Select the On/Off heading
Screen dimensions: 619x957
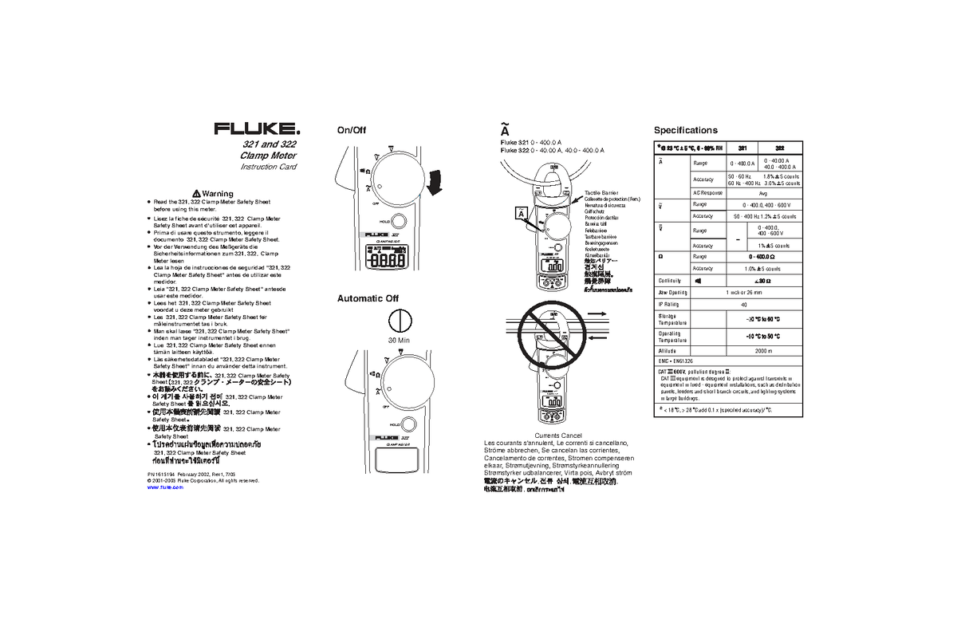pyautogui.click(x=351, y=131)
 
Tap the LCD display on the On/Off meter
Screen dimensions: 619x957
pyautogui.click(x=388, y=259)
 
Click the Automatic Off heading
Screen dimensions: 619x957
pyautogui.click(x=368, y=298)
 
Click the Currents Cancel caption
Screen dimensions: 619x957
pyautogui.click(x=558, y=436)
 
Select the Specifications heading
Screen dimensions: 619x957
pyautogui.click(x=685, y=130)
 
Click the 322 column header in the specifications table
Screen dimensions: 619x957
pyautogui.click(x=779, y=148)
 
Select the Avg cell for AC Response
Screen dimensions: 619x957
pyautogui.click(x=763, y=193)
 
